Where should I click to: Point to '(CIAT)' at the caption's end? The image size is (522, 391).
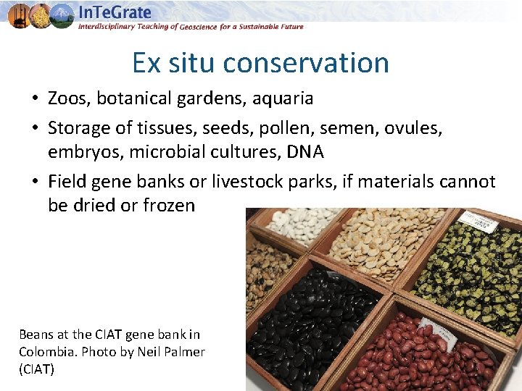(37, 369)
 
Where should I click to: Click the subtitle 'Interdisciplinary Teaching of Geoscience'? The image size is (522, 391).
(167, 27)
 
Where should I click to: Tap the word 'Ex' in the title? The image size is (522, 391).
(146, 63)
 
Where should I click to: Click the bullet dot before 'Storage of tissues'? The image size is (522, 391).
(35, 129)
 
